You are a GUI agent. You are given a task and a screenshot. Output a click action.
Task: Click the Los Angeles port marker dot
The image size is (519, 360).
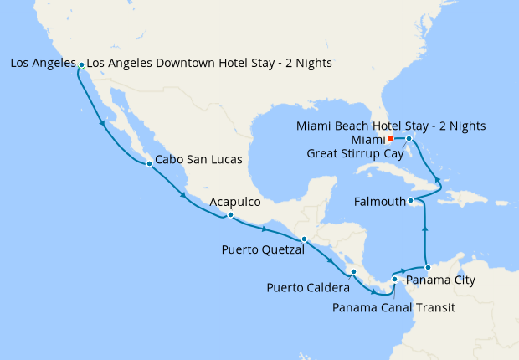[81, 64]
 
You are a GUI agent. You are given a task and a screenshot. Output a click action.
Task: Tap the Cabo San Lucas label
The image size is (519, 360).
[199, 159]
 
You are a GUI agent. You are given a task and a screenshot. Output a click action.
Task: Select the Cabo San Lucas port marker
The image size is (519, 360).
[149, 164]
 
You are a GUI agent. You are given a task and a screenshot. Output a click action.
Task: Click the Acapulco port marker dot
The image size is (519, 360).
[230, 215]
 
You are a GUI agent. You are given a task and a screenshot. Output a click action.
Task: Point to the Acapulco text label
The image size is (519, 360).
[235, 202]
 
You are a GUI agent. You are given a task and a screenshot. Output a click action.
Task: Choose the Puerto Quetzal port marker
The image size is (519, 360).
[304, 239]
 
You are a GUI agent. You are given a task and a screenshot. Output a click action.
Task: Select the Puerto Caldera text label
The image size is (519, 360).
[308, 288]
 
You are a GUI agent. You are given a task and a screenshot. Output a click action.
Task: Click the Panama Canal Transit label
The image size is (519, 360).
[393, 307]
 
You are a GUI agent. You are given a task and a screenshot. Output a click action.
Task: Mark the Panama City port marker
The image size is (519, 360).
[428, 267]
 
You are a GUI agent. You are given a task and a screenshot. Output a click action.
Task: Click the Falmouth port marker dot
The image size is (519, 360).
[411, 201]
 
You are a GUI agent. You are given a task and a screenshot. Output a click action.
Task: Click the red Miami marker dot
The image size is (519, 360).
[390, 139]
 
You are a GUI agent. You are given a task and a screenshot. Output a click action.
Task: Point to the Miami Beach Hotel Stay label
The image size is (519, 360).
[391, 126]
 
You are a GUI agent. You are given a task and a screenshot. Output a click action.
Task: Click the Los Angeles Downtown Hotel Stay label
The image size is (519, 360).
[209, 64]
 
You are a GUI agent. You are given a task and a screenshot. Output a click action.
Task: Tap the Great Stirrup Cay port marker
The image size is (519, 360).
[409, 138]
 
